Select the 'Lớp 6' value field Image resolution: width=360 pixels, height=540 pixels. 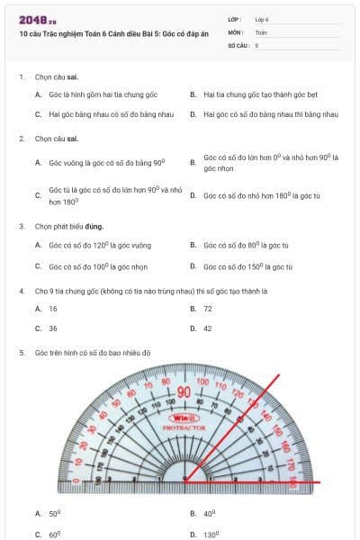262,19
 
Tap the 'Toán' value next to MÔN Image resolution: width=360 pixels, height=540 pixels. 261,31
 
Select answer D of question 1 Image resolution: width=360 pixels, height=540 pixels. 270,114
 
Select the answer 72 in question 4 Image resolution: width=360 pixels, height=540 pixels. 208,308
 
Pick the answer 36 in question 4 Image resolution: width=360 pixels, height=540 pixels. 53,328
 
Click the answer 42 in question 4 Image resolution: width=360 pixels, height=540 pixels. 208,328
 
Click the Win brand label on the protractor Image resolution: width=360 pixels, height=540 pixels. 184,418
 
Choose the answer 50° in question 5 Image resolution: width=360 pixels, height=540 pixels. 54,513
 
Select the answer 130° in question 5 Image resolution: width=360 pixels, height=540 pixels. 212,534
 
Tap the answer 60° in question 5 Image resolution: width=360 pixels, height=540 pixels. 54,534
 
